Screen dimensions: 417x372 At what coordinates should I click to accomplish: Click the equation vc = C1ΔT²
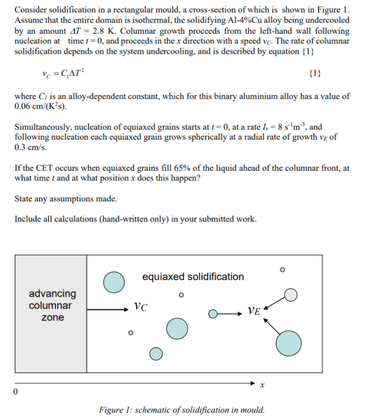(63, 74)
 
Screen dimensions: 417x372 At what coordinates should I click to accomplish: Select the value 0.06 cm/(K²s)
(41, 107)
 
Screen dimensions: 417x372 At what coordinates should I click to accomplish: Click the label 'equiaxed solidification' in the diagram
(193, 277)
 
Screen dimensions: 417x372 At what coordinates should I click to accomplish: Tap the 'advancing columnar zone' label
(52, 305)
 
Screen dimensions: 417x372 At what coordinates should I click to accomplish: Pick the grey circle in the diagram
(291, 295)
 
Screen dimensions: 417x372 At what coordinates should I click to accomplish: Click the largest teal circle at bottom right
(288, 343)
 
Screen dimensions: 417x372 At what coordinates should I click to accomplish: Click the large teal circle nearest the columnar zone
(114, 282)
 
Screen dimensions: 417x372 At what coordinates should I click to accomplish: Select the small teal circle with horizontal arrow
(213, 314)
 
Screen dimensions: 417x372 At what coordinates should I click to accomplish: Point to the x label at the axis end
(263, 384)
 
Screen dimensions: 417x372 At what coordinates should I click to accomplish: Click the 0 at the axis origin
(16, 392)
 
